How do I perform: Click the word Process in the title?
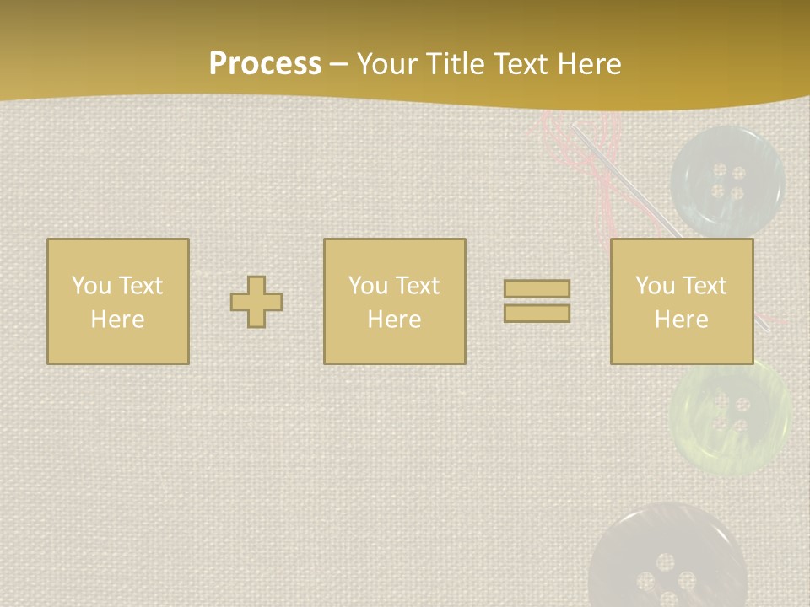pos(265,64)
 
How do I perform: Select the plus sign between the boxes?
pos(256,302)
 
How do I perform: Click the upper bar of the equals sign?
pos(537,289)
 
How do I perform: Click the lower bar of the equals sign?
pos(537,314)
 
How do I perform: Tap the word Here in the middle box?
pos(394,320)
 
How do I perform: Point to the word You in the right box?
pos(655,286)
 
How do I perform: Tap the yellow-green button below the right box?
pos(731,413)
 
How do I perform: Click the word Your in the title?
pos(386,64)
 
